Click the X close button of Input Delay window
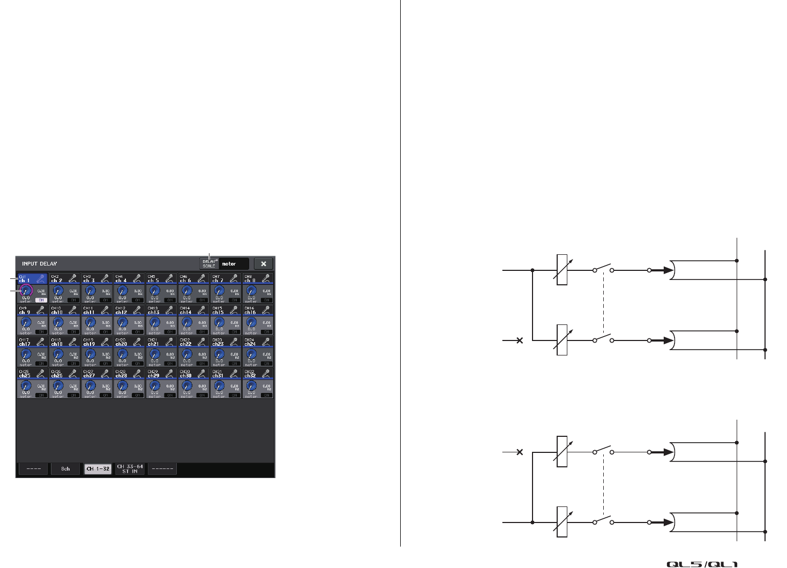click(x=264, y=264)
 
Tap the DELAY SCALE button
click(x=209, y=264)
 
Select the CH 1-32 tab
click(x=98, y=469)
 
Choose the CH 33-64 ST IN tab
click(x=130, y=469)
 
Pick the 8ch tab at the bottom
click(x=65, y=469)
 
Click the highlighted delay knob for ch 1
click(x=25, y=291)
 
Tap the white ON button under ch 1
click(x=41, y=300)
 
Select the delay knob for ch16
click(x=251, y=322)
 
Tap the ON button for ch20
click(x=137, y=363)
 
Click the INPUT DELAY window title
click(x=40, y=264)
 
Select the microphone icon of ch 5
click(x=169, y=278)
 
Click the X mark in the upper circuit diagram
click(x=519, y=340)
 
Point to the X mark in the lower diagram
click(x=519, y=452)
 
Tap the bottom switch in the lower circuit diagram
click(x=603, y=521)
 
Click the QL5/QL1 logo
click(x=702, y=564)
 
